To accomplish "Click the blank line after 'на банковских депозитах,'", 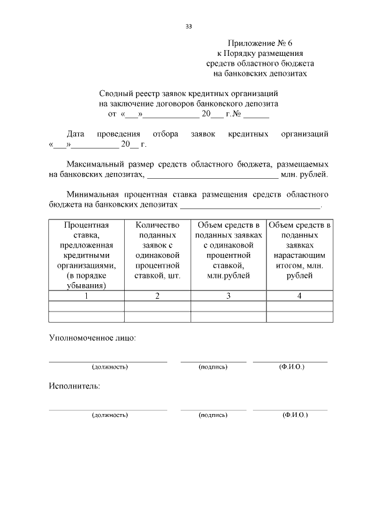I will (213, 175).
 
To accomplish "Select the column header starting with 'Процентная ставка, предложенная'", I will (87, 255).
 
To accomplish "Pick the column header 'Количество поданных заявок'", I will (157, 250).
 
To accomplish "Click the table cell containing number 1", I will (87, 296).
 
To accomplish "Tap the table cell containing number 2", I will (157, 296).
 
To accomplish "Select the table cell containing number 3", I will (228, 296).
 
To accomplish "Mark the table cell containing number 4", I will (300, 296).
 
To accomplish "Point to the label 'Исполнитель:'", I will (74, 386).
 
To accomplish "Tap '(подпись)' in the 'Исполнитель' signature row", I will (213, 415).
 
